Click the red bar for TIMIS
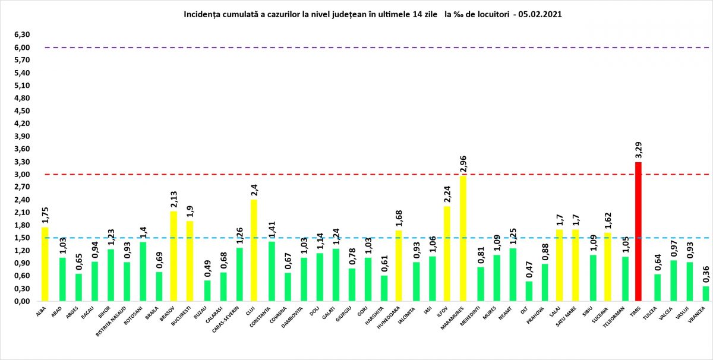click(638, 232)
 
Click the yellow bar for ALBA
click(45, 264)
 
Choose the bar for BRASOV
click(173, 256)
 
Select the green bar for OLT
click(529, 292)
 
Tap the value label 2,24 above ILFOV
click(446, 195)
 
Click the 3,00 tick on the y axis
click(22, 175)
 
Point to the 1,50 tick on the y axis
click(22, 238)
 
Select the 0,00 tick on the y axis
click(22, 302)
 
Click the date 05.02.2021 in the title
click(541, 12)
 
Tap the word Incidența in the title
click(204, 12)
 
